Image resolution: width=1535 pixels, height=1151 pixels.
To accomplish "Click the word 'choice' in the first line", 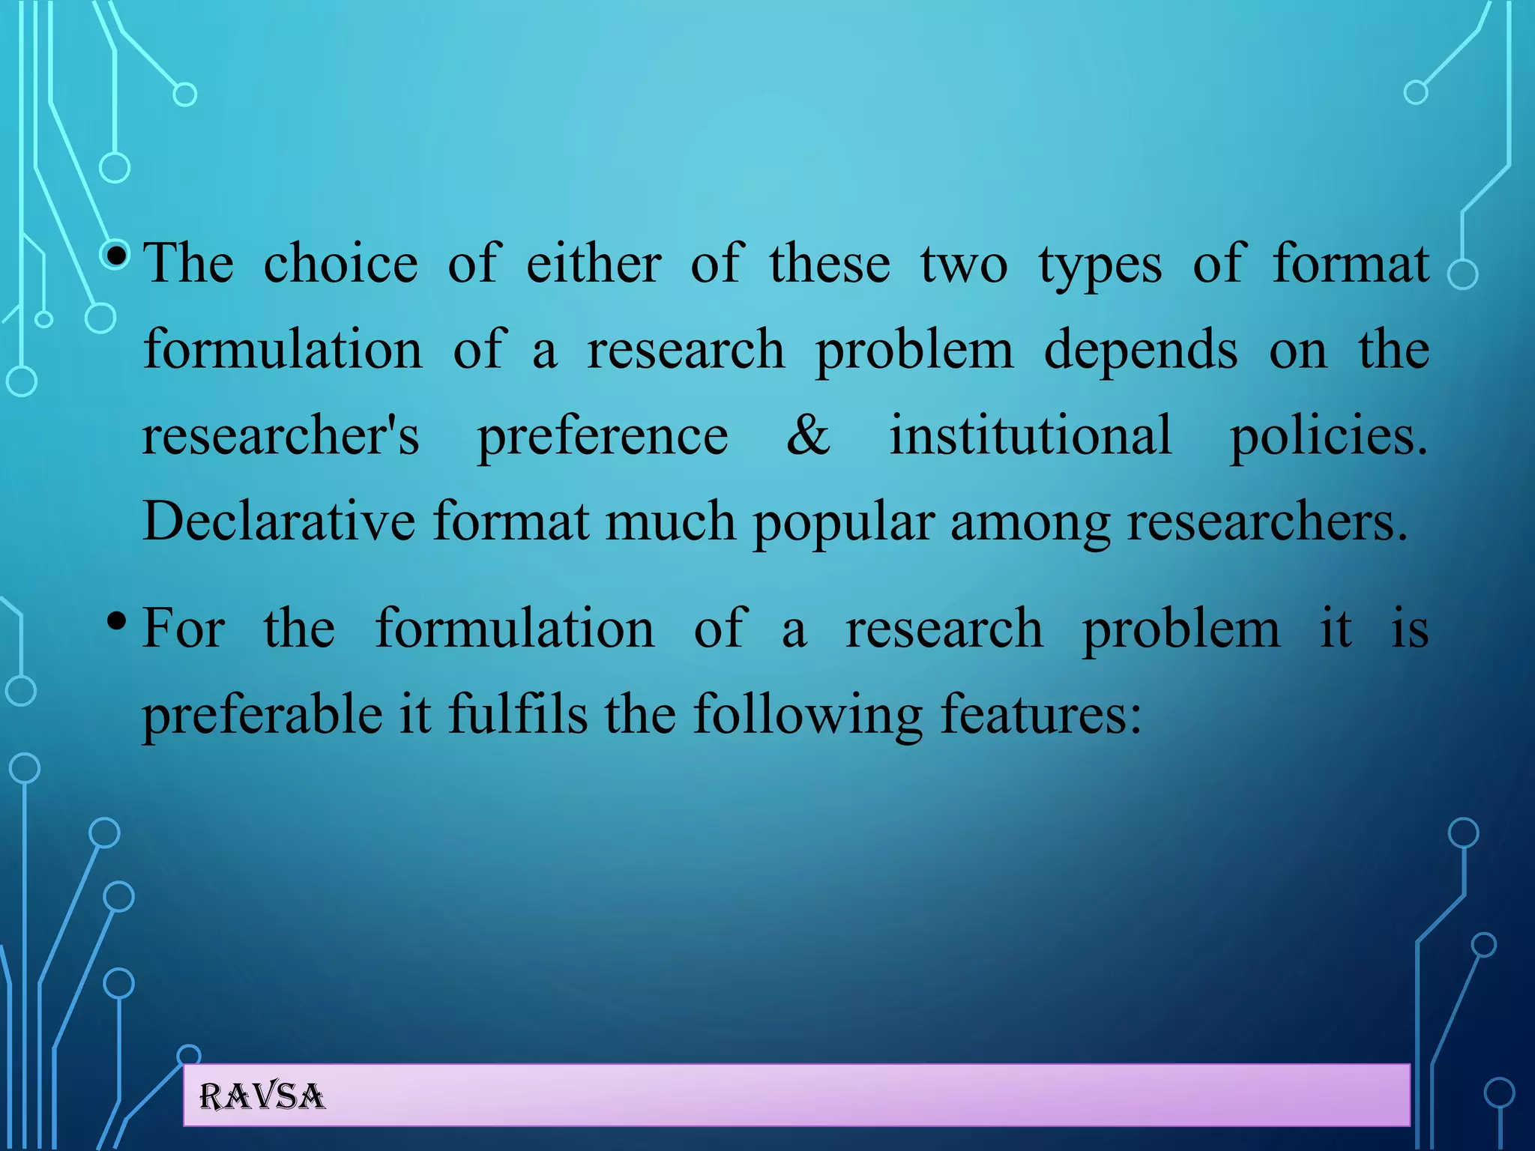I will (340, 264).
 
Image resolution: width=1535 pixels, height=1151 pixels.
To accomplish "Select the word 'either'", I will (594, 264).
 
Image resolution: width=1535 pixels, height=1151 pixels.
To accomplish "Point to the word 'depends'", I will (1140, 351).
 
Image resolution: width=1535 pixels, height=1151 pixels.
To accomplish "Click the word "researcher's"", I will (281, 436).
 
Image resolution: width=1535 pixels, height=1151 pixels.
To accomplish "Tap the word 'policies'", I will (1328, 436).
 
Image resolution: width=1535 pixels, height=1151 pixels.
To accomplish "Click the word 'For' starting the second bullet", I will (184, 628).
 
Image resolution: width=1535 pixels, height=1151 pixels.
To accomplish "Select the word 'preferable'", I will (262, 713).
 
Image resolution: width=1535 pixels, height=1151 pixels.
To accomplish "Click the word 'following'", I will (807, 715).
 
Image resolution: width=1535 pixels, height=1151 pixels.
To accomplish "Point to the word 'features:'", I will (1040, 713).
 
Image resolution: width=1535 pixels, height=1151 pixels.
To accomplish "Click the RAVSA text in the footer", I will (262, 1097).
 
